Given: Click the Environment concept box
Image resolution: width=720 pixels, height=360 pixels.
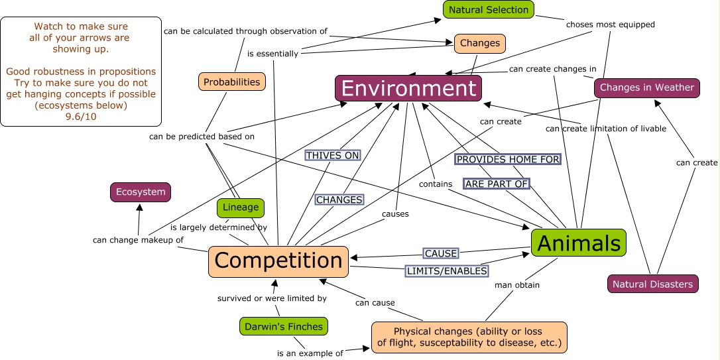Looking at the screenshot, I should coord(408,89).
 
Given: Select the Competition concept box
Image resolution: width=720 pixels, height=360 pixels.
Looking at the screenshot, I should coord(278,261).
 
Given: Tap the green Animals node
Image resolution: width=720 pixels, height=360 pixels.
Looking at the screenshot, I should coord(579,243).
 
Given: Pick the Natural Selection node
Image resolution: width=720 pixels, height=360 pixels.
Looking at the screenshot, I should coord(489,10).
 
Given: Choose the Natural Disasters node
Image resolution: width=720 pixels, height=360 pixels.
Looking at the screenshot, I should coord(652,284).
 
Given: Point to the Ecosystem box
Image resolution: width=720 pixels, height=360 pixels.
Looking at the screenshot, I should coord(141,192).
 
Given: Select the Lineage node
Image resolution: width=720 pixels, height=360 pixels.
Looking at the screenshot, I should coord(241,208).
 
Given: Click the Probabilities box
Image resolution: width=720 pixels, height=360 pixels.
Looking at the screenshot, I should coord(231,82).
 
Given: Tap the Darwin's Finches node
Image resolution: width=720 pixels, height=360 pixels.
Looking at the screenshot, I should coord(284,326).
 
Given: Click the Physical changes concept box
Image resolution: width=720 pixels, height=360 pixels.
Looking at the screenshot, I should coord(469,337).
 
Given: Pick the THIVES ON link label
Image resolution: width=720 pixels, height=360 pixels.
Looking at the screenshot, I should coord(332,155).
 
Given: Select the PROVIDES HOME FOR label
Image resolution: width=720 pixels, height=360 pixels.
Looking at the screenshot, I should coord(508,159).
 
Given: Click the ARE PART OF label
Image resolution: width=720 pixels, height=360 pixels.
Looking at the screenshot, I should coord(497,184).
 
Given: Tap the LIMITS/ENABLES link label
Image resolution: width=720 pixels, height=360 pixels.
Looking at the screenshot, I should coord(447,270).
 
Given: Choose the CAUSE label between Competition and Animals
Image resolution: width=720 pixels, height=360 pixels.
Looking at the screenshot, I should coord(441,253).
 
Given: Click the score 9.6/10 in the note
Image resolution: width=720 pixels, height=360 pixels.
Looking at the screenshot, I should coord(80,117).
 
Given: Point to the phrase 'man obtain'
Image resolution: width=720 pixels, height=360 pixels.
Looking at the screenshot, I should coord(517,285).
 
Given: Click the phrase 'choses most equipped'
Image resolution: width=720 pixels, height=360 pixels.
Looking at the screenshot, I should coord(610,25).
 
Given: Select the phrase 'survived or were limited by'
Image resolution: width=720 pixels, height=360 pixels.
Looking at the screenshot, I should coord(272,298).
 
